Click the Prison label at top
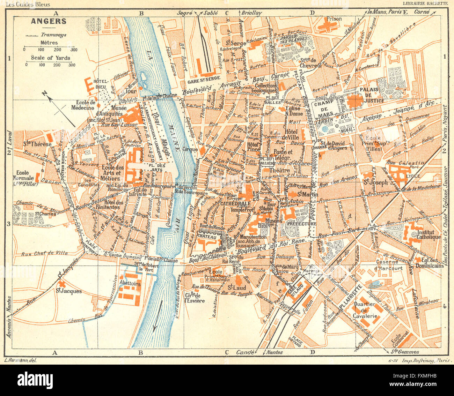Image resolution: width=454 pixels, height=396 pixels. pyautogui.click(x=334, y=18)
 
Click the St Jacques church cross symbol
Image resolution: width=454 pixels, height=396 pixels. pyautogui.click(x=62, y=283)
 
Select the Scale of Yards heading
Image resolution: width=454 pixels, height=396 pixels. pyautogui.click(x=50, y=58)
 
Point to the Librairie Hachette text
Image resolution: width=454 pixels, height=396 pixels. pyautogui.click(x=425, y=4)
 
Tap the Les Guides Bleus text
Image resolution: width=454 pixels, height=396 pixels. pyautogui.click(x=28, y=5)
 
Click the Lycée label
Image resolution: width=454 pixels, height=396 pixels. pyautogui.click(x=413, y=176)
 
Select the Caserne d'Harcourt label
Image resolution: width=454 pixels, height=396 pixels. pyautogui.click(x=389, y=265)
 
